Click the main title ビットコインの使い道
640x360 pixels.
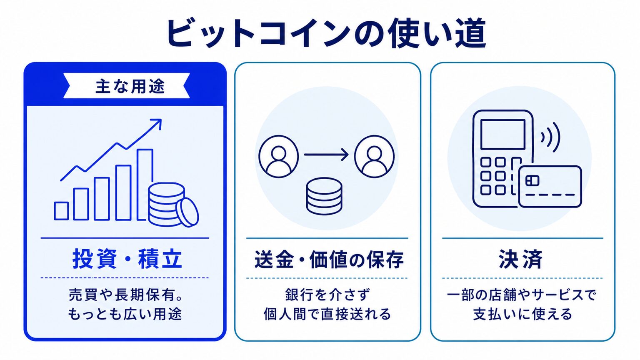click(326, 33)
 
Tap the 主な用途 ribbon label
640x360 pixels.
click(130, 86)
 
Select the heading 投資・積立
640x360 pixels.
click(127, 259)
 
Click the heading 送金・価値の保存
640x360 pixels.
click(329, 260)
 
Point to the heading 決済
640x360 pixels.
click(520, 259)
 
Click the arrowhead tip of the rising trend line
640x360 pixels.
click(161, 120)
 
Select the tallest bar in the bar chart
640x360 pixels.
click(145, 185)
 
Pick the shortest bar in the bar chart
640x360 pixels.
click(61, 211)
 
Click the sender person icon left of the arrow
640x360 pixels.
click(279, 157)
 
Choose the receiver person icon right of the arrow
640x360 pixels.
click(374, 157)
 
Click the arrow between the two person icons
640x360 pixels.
click(326, 155)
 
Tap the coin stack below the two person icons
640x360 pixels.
click(324, 196)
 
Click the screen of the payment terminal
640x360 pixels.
click(503, 134)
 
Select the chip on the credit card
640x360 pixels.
click(532, 180)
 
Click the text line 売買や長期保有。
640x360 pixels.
click(126, 295)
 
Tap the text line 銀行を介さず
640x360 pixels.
click(327, 295)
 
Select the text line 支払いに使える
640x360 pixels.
click(522, 314)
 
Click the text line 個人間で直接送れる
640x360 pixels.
click(327, 314)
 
